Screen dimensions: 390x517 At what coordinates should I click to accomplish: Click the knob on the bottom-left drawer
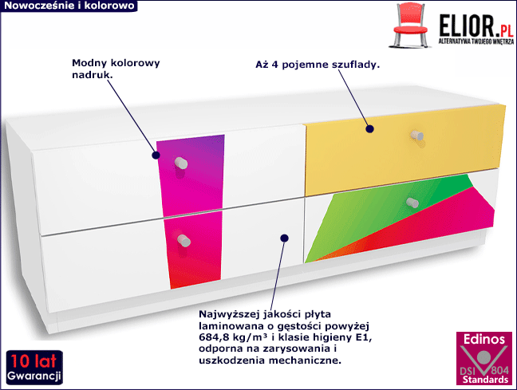[x=184, y=240]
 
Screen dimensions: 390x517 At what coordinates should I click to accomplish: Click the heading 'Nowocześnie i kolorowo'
[x=67, y=6]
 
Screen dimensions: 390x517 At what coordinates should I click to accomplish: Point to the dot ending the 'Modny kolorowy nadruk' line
[x=157, y=156]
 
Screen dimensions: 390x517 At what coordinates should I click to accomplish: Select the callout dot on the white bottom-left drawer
[x=283, y=236]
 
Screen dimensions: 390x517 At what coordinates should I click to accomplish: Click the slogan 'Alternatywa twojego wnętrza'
[x=475, y=40]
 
